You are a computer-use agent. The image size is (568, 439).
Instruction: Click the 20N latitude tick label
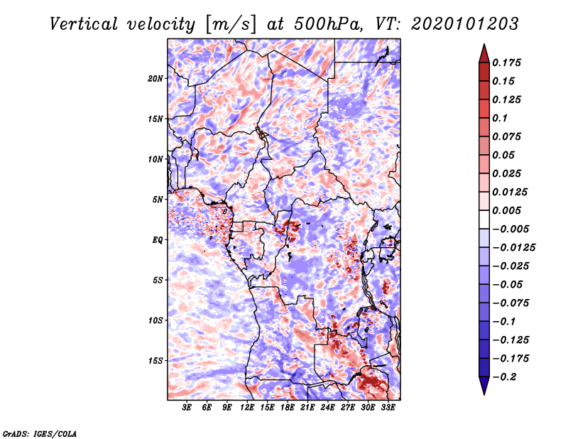coord(155,78)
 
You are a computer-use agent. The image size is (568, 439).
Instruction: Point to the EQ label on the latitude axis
coord(158,240)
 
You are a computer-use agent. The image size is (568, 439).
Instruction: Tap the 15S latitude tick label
coord(155,361)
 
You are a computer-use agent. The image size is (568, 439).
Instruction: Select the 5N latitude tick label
coord(158,200)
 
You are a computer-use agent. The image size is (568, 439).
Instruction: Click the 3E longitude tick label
coord(187,408)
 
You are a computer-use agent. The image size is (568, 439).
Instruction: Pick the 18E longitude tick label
coord(288,408)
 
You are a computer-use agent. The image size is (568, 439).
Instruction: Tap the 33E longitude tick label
coord(388,408)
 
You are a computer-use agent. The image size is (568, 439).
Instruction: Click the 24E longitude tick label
coord(327,408)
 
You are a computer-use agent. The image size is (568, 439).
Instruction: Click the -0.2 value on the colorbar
coord(506,376)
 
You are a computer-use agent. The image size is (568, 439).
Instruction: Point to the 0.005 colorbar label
coord(508,210)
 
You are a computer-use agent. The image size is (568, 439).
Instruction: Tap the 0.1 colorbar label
coord(501,118)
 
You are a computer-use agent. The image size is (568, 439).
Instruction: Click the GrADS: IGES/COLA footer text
coord(40,433)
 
